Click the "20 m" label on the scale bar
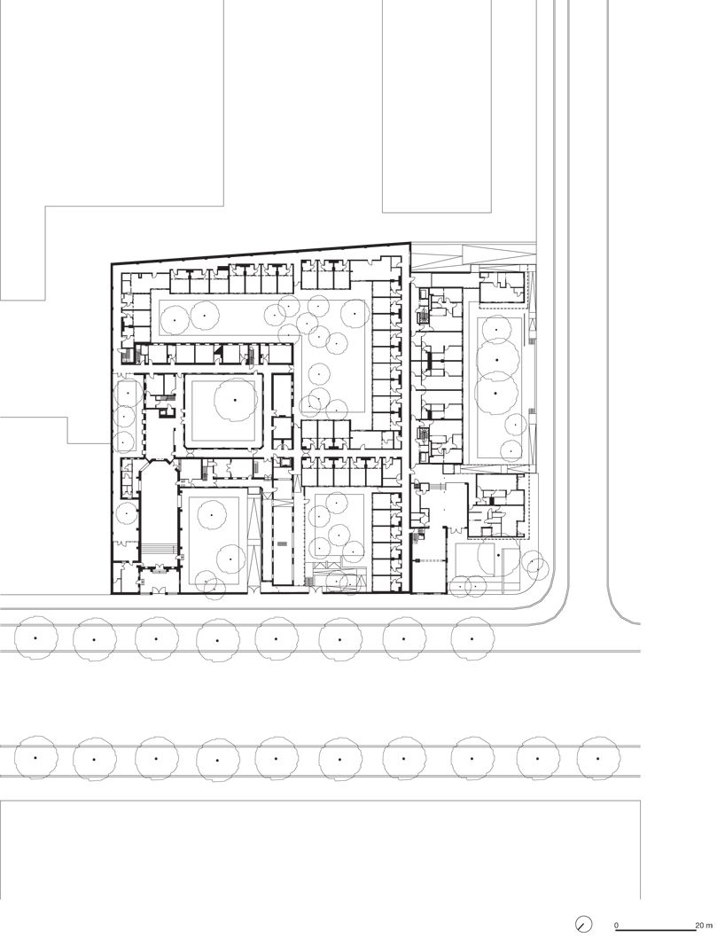click(x=704, y=926)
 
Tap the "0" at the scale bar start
click(x=616, y=926)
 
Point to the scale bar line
click(x=656, y=930)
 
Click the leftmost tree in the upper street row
click(x=35, y=639)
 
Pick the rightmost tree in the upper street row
click(x=472, y=639)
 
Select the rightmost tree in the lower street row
click(x=598, y=759)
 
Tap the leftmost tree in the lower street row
click(x=35, y=759)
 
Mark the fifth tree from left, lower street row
click(x=277, y=759)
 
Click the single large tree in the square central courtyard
click(x=236, y=399)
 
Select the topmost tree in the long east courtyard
click(x=495, y=328)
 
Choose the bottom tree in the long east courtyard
click(x=511, y=449)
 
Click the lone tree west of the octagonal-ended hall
click(x=127, y=513)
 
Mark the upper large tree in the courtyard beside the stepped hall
click(x=212, y=514)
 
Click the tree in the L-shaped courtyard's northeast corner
click(x=355, y=313)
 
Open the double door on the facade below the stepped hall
click(x=159, y=590)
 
